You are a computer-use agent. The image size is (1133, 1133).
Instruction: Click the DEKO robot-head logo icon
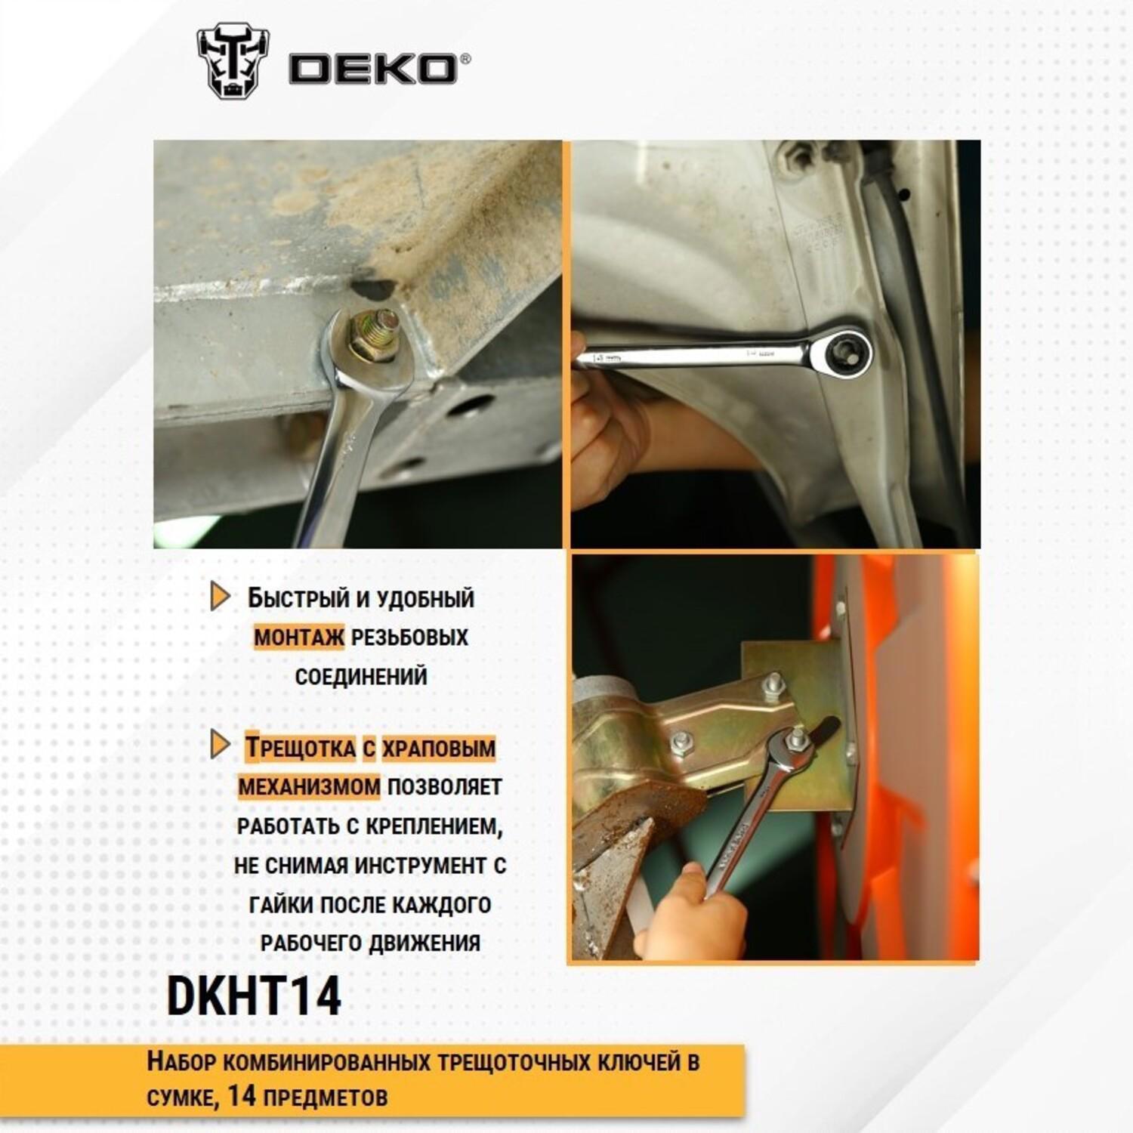click(233, 63)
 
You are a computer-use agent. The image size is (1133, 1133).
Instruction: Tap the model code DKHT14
click(254, 996)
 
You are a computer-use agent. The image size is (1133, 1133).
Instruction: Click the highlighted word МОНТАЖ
click(299, 637)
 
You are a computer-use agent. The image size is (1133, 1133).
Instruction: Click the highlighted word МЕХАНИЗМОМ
click(310, 786)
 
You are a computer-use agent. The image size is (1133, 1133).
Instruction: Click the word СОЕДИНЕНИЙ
click(361, 676)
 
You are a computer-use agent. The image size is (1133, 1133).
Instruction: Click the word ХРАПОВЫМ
click(439, 749)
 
